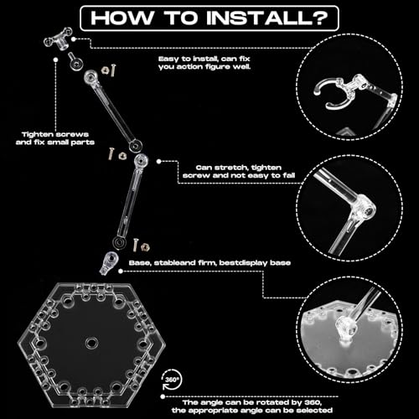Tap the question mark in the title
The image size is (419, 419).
pyautogui.click(x=323, y=18)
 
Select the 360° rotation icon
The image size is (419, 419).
pyautogui.click(x=172, y=380)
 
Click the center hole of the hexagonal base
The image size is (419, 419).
pyautogui.click(x=91, y=342)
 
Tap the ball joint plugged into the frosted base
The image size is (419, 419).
pyautogui.click(x=346, y=327)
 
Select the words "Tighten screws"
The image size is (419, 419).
pyautogui.click(x=55, y=134)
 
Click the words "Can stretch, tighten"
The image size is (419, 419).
pyautogui.click(x=239, y=168)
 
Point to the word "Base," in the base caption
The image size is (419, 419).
pyautogui.click(x=140, y=263)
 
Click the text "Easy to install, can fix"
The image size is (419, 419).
pyautogui.click(x=204, y=59)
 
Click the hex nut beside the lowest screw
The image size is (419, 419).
pyautogui.click(x=145, y=246)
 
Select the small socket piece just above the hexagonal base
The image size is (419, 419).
pyautogui.click(x=108, y=262)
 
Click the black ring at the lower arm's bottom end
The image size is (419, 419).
pyautogui.click(x=120, y=242)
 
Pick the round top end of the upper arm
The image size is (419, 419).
pyautogui.click(x=91, y=77)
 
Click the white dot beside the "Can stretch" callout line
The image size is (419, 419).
pyautogui.click(x=158, y=161)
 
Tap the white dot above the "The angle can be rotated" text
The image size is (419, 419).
pyautogui.click(x=163, y=396)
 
